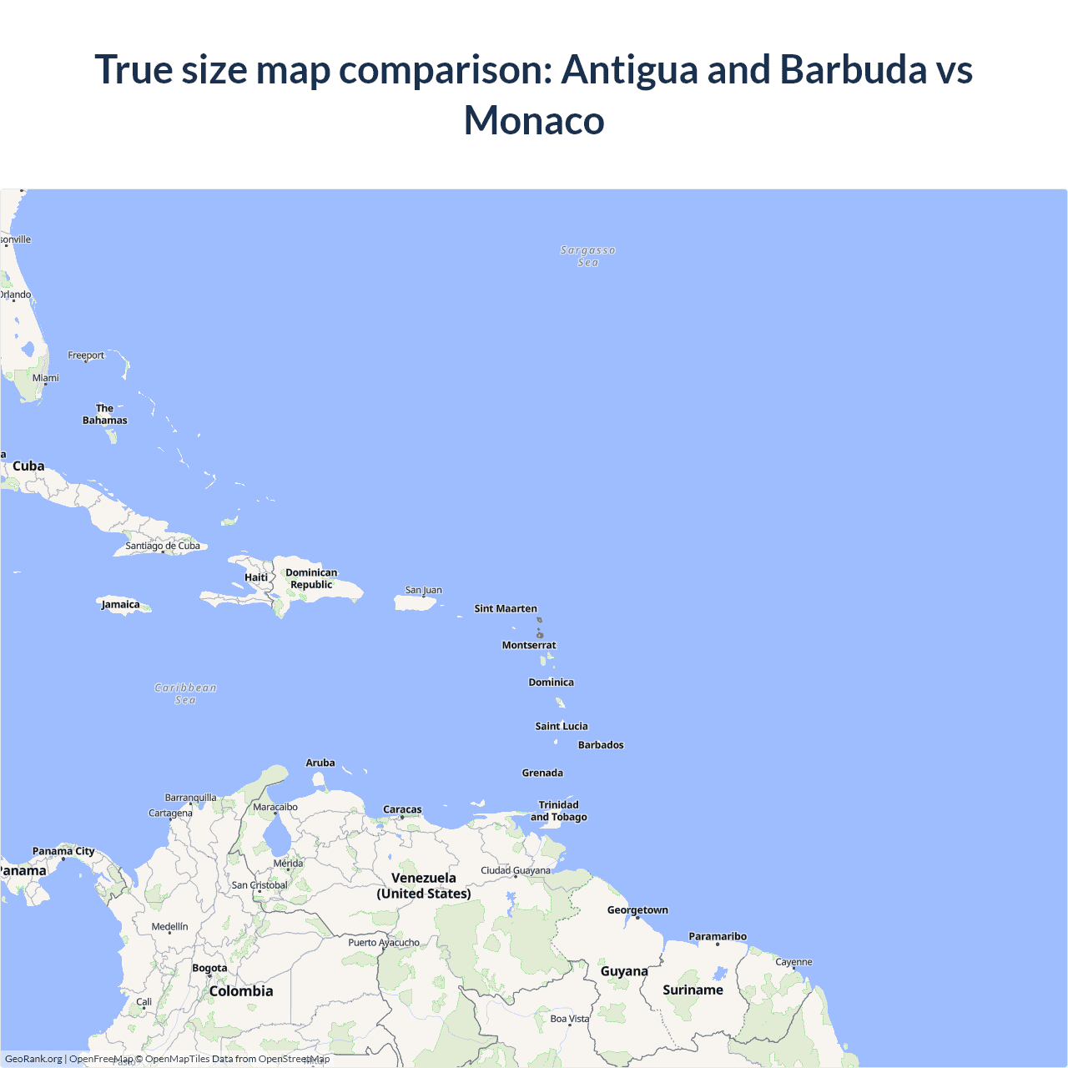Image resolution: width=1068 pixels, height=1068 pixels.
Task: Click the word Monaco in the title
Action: (x=534, y=120)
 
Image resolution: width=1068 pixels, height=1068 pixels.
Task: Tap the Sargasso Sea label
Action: (x=588, y=256)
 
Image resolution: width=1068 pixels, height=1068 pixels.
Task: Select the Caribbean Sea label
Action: (x=185, y=693)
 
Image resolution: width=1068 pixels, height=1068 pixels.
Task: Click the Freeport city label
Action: (x=86, y=355)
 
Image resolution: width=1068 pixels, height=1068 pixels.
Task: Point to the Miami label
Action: (x=46, y=378)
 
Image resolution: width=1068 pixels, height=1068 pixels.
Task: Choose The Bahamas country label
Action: (x=105, y=415)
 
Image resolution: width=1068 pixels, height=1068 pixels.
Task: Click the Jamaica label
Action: (x=121, y=605)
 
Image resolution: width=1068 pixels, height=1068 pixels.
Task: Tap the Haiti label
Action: (x=256, y=577)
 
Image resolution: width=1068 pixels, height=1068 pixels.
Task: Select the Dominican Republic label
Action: (x=311, y=578)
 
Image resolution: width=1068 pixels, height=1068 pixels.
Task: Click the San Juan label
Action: (x=424, y=590)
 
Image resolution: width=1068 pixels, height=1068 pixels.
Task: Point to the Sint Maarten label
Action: (x=506, y=609)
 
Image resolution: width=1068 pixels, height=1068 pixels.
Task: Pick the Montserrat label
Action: (x=529, y=645)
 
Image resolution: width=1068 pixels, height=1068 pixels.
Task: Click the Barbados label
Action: (x=601, y=745)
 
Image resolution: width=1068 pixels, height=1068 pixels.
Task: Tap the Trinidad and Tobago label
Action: (x=559, y=811)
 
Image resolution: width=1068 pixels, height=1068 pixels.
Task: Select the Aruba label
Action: (x=320, y=763)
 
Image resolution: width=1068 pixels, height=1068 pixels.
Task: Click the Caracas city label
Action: (x=402, y=809)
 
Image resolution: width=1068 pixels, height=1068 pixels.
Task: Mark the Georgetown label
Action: (x=637, y=910)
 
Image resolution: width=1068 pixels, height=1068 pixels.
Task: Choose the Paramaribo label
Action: (x=718, y=936)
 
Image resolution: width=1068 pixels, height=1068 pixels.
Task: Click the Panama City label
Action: (x=63, y=851)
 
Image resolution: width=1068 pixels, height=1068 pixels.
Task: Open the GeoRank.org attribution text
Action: (x=33, y=1059)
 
